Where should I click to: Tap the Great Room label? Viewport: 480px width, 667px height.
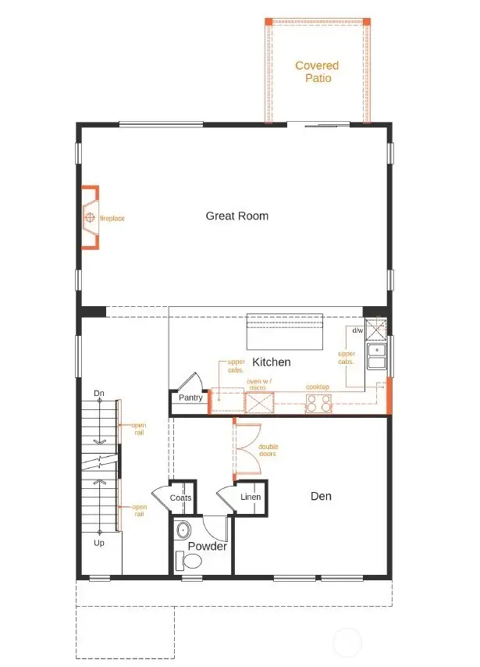tap(236, 216)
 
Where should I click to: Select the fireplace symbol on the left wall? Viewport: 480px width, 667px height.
tap(91, 217)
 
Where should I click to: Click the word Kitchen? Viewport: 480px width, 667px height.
tap(272, 362)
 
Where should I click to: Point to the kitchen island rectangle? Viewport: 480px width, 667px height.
tap(284, 332)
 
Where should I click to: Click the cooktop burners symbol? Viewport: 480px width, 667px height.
tap(318, 403)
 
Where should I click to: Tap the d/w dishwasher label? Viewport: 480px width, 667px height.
tap(357, 330)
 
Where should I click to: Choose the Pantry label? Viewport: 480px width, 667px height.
tap(190, 398)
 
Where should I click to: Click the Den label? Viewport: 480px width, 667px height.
tap(321, 495)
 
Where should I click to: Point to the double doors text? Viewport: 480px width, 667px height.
tap(268, 451)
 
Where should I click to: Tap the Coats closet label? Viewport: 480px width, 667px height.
tap(180, 498)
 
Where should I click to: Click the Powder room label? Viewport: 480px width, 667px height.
tap(207, 546)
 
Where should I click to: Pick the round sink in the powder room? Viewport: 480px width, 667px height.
tap(183, 530)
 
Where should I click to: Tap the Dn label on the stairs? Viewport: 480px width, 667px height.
tap(99, 392)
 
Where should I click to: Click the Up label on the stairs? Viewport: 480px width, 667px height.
tap(99, 542)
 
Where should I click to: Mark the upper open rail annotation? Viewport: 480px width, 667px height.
tap(139, 428)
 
